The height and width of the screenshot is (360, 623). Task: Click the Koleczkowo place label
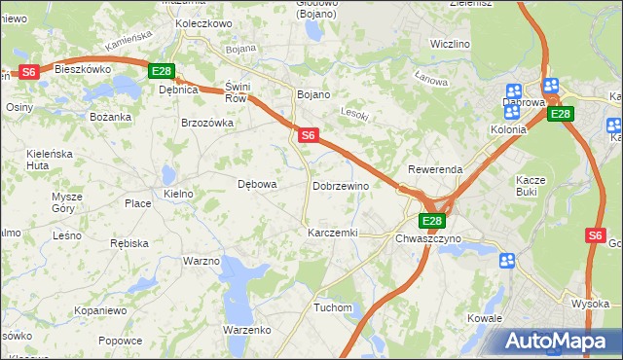point(203,22)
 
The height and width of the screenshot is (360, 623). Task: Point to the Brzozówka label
point(207,124)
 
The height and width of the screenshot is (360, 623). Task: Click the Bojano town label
point(313,94)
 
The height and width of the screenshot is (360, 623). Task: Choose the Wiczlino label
point(450,45)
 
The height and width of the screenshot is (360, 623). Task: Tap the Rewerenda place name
point(435,169)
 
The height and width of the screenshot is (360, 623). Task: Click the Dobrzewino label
point(341,186)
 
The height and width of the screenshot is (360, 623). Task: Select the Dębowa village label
point(258,183)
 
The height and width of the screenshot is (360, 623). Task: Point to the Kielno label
point(179,195)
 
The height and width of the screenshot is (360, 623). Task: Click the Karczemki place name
point(333,234)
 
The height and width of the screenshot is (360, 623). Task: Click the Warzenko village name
point(246,330)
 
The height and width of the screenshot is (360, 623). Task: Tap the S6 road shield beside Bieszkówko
point(29,71)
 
